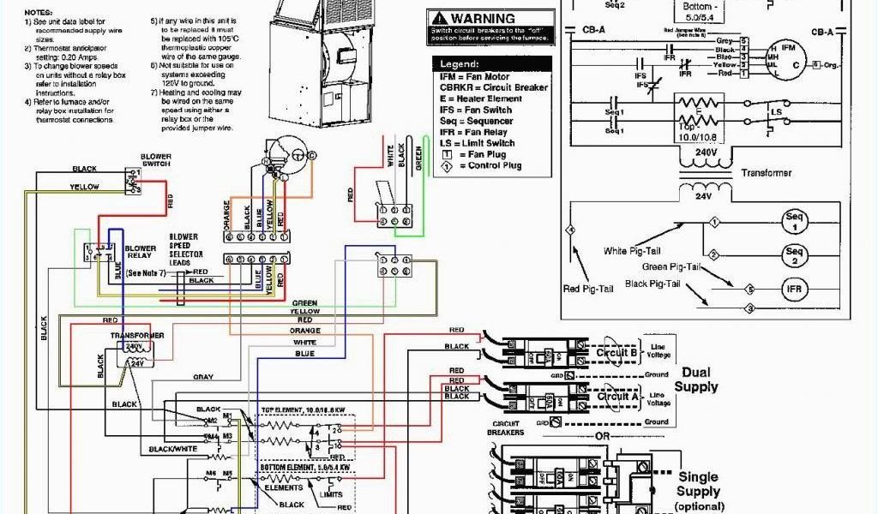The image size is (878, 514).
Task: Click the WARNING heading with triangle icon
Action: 476,18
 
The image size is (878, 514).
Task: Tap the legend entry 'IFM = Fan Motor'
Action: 476,77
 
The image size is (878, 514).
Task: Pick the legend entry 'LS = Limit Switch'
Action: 478,143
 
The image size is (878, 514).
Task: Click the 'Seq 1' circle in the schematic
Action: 793,223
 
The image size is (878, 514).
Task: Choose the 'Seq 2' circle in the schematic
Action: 793,255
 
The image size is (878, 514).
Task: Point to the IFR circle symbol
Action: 793,289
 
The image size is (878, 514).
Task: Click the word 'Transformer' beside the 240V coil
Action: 767,172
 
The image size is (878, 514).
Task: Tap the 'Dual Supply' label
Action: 695,380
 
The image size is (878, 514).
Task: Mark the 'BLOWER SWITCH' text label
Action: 155,160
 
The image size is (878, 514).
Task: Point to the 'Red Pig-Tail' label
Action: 589,288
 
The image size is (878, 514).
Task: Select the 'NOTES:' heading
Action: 37,13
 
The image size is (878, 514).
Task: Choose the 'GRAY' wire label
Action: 203,377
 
